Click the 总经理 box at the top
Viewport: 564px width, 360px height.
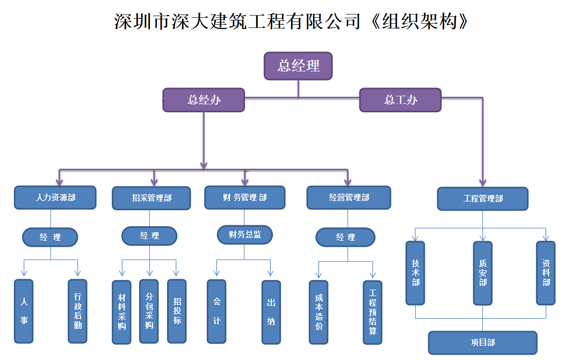[x=298, y=66]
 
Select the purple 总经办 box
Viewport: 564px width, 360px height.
[x=204, y=100]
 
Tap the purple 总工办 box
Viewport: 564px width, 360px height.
[x=400, y=100]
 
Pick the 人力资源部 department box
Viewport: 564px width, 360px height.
[x=55, y=198]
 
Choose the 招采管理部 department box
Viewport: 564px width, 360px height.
[x=151, y=198]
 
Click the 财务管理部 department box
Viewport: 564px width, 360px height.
[x=244, y=198]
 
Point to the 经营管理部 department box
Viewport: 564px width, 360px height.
[x=349, y=198]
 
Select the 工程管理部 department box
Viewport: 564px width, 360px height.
[x=482, y=199]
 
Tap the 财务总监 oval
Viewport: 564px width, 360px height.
[x=245, y=234]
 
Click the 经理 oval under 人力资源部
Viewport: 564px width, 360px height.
[x=50, y=237]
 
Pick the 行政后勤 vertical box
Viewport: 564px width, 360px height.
[x=78, y=311]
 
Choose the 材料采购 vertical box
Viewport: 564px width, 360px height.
[x=121, y=312]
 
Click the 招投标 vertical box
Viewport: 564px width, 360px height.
[x=177, y=311]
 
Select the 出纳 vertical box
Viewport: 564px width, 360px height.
[x=271, y=312]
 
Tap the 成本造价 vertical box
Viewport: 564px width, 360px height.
[x=319, y=312]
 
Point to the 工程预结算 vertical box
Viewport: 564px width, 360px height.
[x=372, y=312]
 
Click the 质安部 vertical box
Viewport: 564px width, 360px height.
[x=482, y=273]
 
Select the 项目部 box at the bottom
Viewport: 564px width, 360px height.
[x=482, y=343]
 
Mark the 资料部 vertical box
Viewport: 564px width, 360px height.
[x=546, y=273]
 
